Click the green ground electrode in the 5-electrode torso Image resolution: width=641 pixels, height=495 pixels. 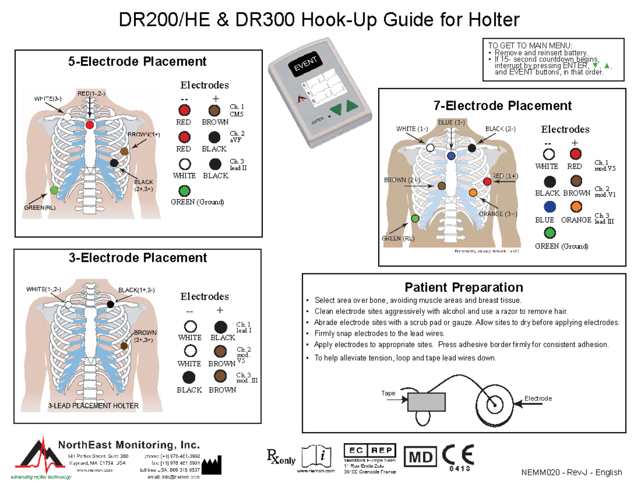[54, 190]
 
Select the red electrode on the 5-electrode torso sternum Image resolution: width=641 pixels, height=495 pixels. [90, 124]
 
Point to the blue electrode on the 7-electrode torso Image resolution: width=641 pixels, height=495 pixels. [451, 156]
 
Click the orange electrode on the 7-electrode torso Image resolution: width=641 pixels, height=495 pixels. [472, 192]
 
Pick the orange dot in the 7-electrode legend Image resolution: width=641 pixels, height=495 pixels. [575, 207]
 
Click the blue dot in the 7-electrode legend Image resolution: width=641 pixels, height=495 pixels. [550, 207]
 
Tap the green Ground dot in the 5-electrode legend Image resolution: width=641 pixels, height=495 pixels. [184, 190]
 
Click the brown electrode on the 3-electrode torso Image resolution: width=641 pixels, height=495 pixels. [124, 347]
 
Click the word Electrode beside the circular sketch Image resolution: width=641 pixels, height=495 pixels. [538, 399]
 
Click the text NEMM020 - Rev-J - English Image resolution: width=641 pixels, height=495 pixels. [573, 473]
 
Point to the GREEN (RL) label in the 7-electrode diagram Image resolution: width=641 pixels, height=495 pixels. [397, 239]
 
